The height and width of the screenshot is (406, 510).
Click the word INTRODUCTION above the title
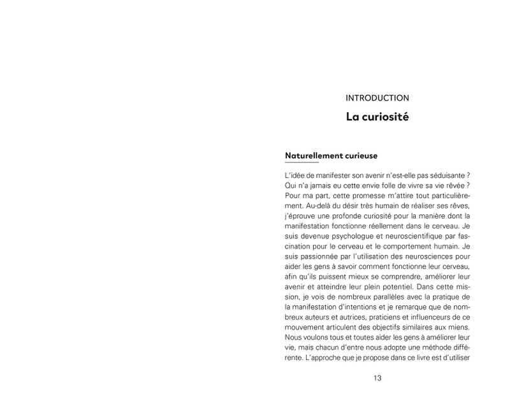coord(377,98)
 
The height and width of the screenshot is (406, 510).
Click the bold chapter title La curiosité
coord(377,117)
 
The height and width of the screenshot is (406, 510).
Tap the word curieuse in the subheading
coord(360,155)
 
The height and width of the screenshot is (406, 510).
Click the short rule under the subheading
coord(302,163)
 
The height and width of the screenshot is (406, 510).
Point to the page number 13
coord(377,378)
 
